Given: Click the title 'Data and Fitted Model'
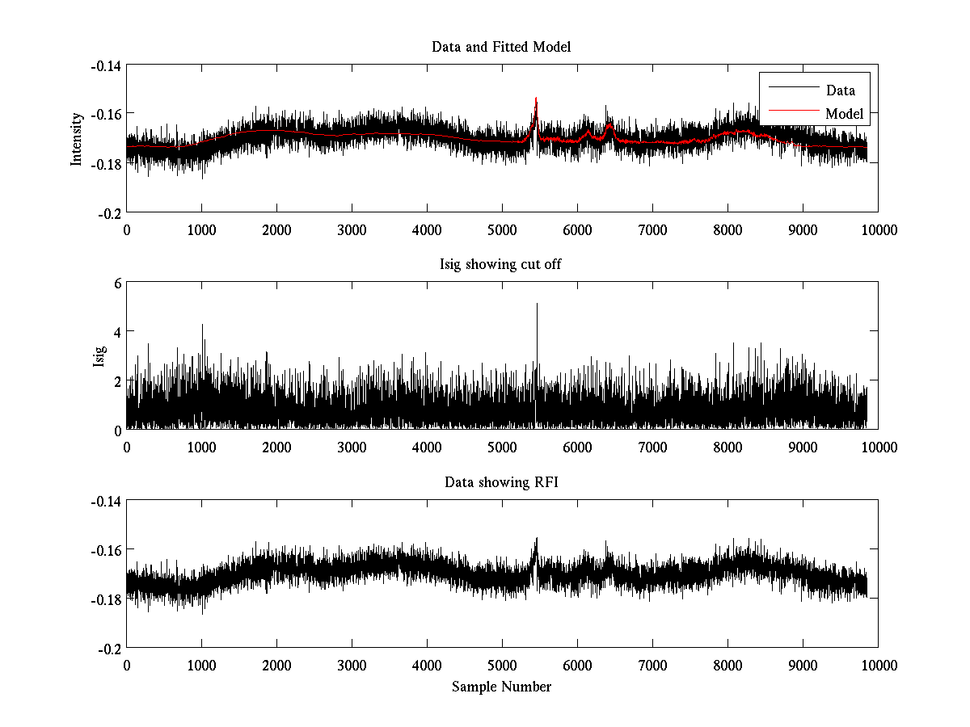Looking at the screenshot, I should point(501,47).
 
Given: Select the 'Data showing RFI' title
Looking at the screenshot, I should point(501,483).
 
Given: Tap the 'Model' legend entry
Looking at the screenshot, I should point(844,114).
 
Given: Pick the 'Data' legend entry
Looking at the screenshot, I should point(840,90).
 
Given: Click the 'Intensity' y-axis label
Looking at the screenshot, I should point(77,138).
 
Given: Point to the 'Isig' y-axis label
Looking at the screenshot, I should point(99,356).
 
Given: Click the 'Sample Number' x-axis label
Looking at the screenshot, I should point(501,687).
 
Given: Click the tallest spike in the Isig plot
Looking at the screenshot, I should point(537,305).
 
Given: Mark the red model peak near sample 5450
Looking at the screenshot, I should point(536,99).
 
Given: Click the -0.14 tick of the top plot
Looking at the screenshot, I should point(106,65).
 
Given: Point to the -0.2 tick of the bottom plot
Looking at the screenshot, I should point(110,649).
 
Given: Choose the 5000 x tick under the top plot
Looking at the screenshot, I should point(502,229).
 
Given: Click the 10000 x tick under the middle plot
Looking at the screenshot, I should point(878,448).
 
